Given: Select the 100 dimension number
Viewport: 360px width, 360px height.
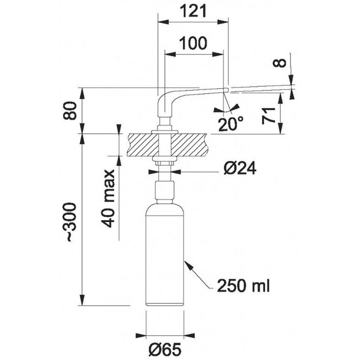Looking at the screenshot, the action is (193, 43).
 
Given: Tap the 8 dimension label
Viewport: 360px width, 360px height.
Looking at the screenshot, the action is (279, 63).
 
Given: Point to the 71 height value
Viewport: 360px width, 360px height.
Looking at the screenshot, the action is (269, 116).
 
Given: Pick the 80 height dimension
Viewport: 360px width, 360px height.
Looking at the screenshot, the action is (69, 111).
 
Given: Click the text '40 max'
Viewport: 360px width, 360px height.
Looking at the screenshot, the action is (108, 198).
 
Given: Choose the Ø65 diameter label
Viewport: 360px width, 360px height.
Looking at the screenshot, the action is (165, 350).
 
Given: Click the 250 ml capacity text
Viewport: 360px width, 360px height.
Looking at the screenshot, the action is (243, 286).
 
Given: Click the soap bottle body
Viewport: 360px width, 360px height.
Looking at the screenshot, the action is (165, 255).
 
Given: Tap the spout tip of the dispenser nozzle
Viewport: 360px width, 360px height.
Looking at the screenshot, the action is (226, 90).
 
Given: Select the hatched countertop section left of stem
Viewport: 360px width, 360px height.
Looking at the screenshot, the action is (143, 145).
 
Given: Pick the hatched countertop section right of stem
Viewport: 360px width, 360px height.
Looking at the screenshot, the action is (189, 145).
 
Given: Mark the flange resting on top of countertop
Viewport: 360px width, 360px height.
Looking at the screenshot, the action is (165, 132).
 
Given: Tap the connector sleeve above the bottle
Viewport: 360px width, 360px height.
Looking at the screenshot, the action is (165, 190).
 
